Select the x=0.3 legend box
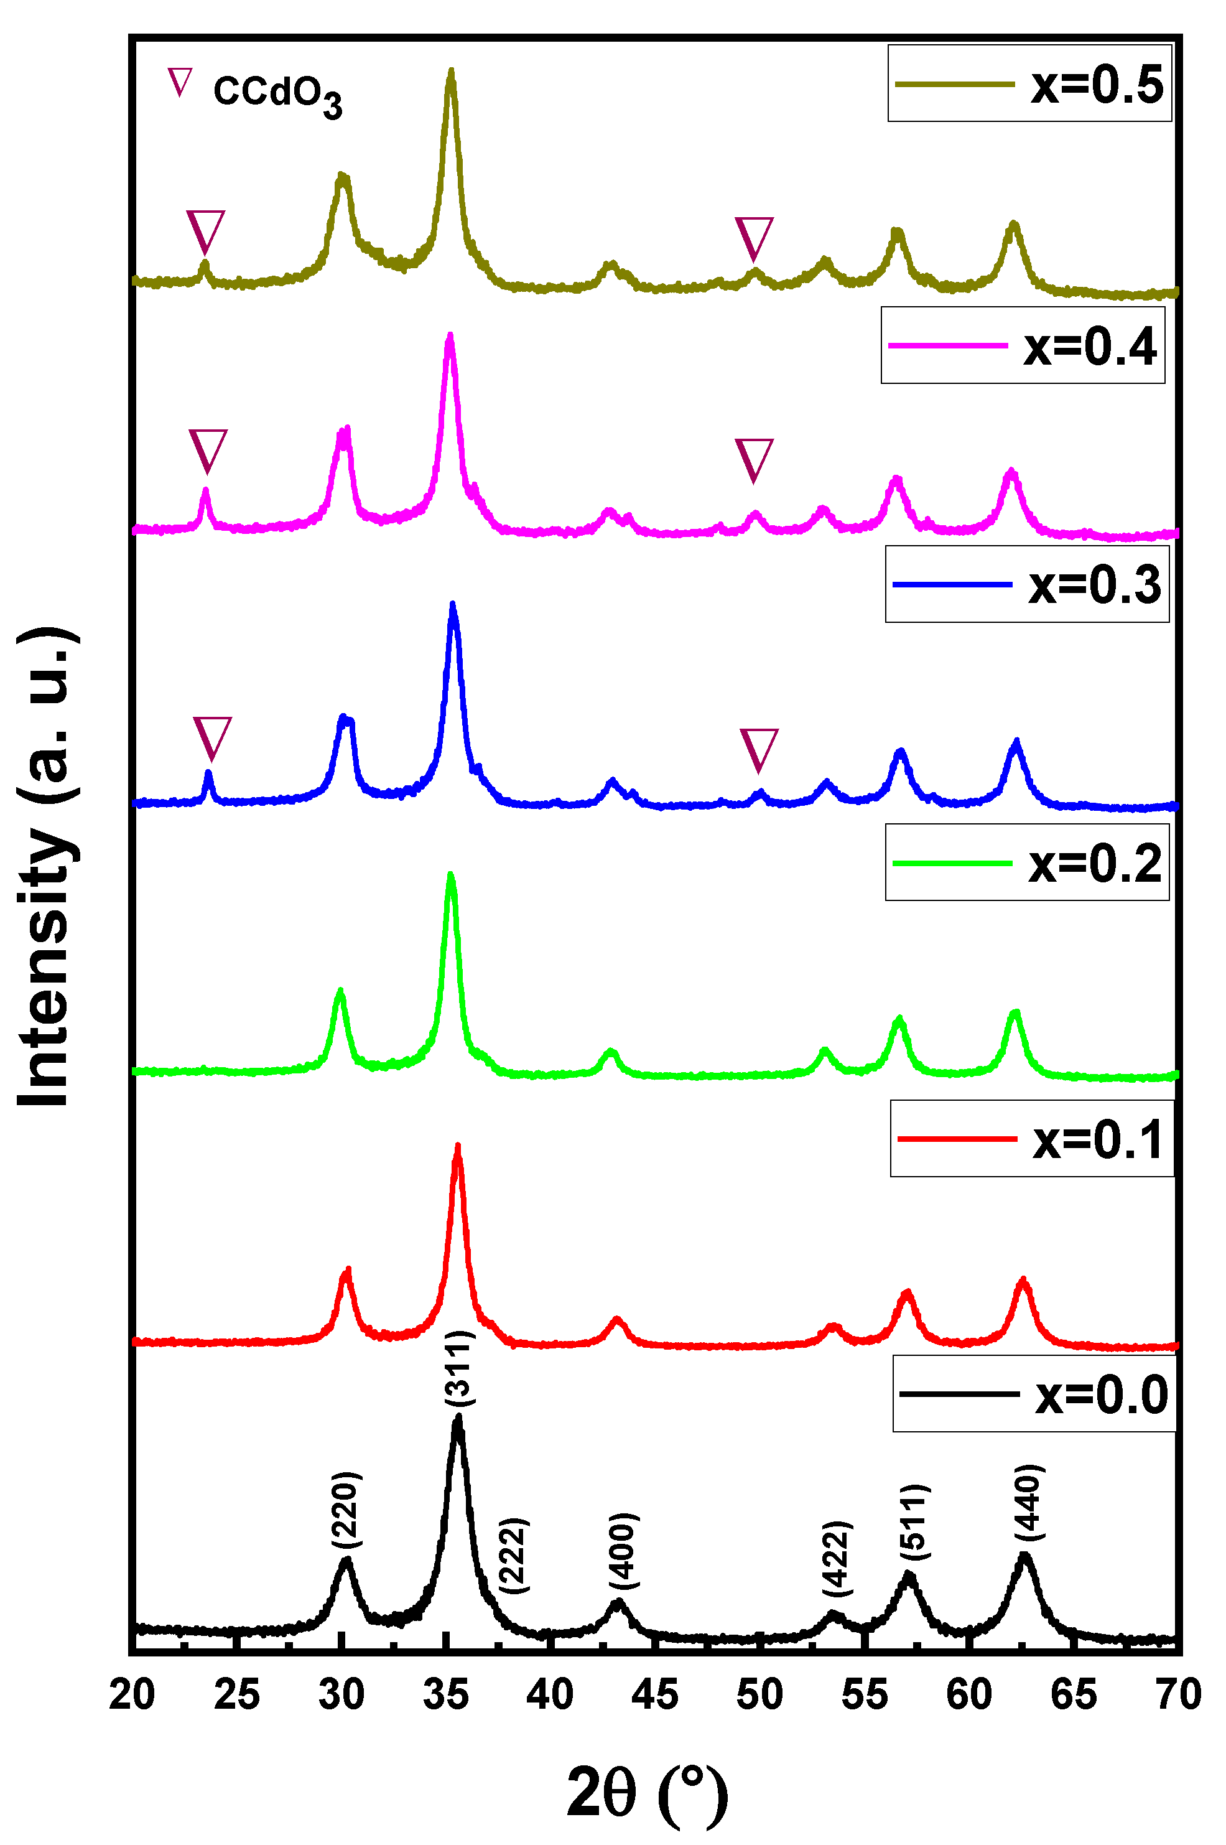1026,584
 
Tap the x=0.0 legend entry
1034,1394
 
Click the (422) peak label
837,1559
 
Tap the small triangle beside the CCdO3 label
180,82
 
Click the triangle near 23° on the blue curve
213,736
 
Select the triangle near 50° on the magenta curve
754,459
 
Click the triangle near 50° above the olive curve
754,238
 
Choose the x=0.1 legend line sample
957,1139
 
